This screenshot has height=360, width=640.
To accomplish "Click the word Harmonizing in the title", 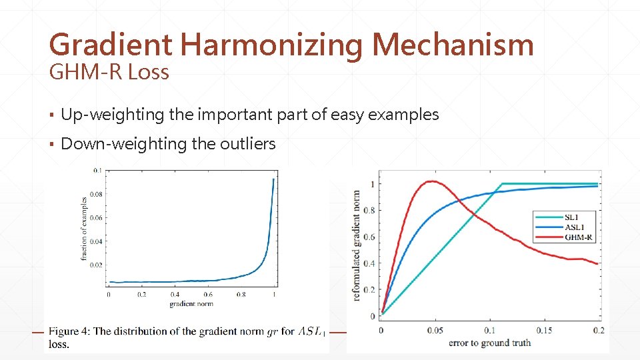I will (x=271, y=45).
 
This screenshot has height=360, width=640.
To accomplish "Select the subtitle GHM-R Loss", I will (x=109, y=72).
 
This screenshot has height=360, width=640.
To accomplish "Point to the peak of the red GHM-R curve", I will (x=432, y=181).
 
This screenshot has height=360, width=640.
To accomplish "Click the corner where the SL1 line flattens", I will (x=501, y=184).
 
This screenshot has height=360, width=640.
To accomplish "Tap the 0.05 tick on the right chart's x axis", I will (x=435, y=331).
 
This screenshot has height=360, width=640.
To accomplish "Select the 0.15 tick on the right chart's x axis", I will (x=544, y=331).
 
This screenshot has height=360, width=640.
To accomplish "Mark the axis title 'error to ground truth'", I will (x=489, y=343).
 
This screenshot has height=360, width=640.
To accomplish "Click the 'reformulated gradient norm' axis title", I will (x=357, y=243).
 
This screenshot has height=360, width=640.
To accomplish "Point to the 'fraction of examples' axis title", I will (x=84, y=229).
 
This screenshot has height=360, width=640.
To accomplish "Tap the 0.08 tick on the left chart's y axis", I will (x=97, y=194).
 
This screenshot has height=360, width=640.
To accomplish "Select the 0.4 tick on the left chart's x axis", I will (x=175, y=295).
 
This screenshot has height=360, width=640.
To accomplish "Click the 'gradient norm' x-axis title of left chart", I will (x=191, y=304).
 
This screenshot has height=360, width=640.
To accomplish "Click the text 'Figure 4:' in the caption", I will (x=70, y=331).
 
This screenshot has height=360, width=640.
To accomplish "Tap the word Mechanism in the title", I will (x=453, y=45).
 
